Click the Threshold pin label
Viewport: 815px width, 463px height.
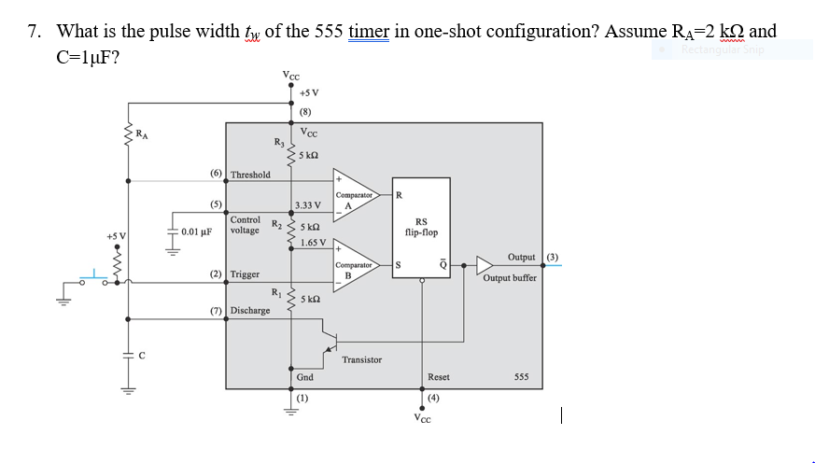tap(250, 175)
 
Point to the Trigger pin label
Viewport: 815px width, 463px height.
tap(246, 274)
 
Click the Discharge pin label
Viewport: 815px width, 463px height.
tap(250, 310)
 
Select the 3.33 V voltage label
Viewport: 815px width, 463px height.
tap(307, 205)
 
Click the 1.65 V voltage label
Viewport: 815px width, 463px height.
tap(313, 242)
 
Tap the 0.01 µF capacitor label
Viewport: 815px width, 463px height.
tap(197, 231)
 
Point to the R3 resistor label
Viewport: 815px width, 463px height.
tap(278, 142)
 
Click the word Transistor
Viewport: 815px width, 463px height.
tap(361, 359)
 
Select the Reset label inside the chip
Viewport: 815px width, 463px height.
tap(439, 377)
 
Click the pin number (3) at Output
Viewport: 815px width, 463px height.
tap(553, 256)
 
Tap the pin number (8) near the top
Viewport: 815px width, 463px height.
tap(304, 112)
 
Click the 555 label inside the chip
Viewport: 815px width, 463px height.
tap(522, 377)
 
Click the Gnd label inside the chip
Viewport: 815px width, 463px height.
tap(305, 377)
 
